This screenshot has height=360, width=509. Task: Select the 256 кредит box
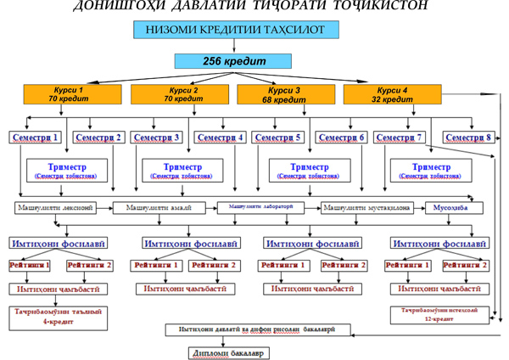[x=234, y=61]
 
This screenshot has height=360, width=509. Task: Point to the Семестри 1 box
[x=36, y=137]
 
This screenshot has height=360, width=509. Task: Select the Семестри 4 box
[x=220, y=137]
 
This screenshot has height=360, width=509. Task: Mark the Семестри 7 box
[x=400, y=137]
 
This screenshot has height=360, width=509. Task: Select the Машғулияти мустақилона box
[x=365, y=207]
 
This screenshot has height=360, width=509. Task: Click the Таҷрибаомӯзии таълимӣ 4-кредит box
[x=58, y=317]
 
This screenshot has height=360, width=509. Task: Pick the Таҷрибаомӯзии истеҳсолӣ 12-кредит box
[x=440, y=314]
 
